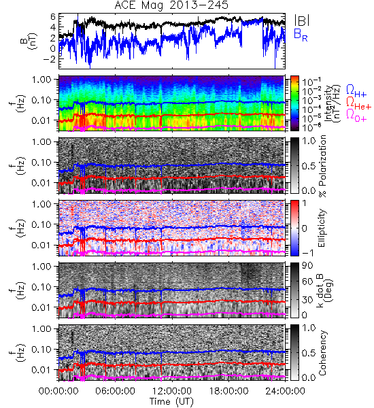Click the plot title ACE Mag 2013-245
(x=172, y=5)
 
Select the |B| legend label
(x=302, y=20)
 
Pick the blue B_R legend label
(x=301, y=35)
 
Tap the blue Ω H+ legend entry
(x=356, y=91)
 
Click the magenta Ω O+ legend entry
(x=356, y=116)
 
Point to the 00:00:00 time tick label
(x=58, y=391)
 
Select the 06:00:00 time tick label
(x=116, y=391)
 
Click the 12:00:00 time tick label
(x=172, y=391)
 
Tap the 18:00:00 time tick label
(x=228, y=391)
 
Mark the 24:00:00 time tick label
(x=285, y=391)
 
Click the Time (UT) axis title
(x=172, y=401)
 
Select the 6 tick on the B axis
(x=53, y=16)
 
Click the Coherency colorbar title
(x=322, y=353)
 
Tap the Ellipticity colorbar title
(x=322, y=228)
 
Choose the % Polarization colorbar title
(x=322, y=166)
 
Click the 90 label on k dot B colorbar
(x=307, y=266)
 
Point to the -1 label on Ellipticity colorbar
(x=307, y=252)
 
